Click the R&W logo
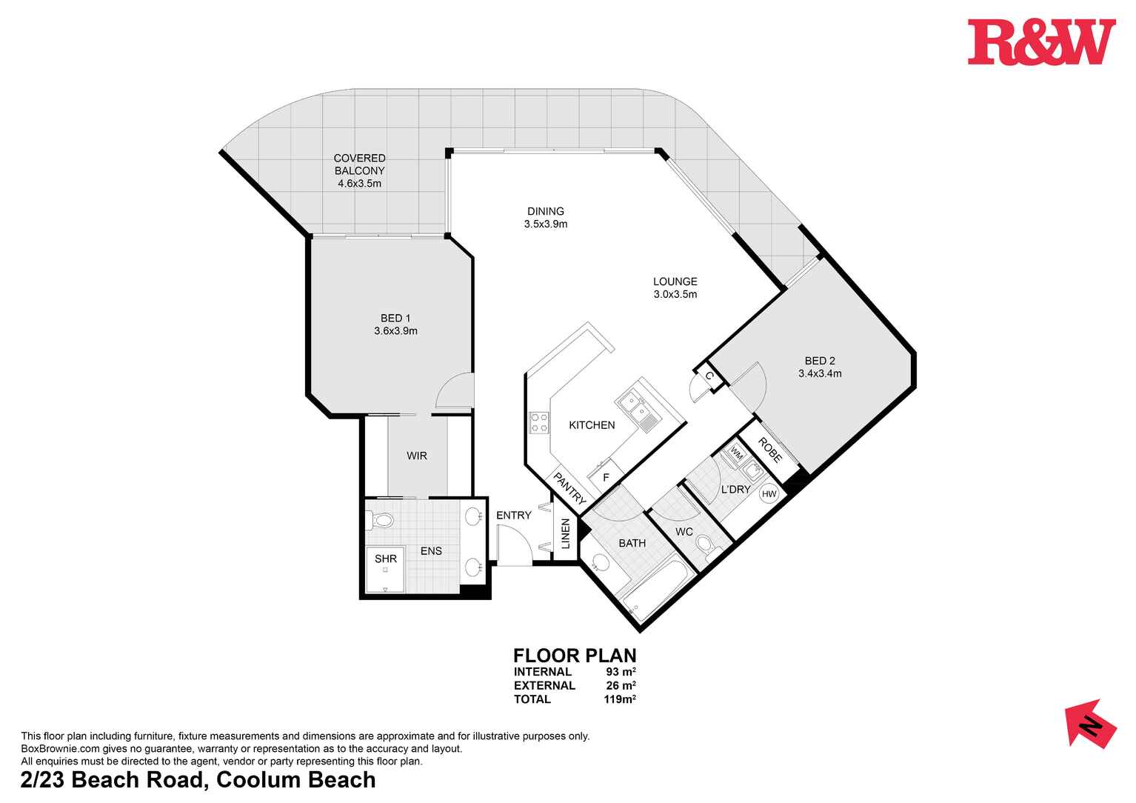pyautogui.click(x=1040, y=42)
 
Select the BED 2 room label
pyautogui.click(x=819, y=367)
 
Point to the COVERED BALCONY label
pyautogui.click(x=359, y=170)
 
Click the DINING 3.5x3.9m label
pyautogui.click(x=546, y=217)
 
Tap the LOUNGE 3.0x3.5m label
pyautogui.click(x=675, y=287)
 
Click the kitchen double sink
pyautogui.click(x=633, y=404)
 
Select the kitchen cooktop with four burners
pyautogui.click(x=539, y=423)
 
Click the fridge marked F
pyautogui.click(x=605, y=477)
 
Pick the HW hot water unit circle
pyautogui.click(x=769, y=494)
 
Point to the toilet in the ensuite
pyautogui.click(x=380, y=522)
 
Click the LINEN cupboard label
pyautogui.click(x=565, y=533)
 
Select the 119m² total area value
pyautogui.click(x=620, y=699)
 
